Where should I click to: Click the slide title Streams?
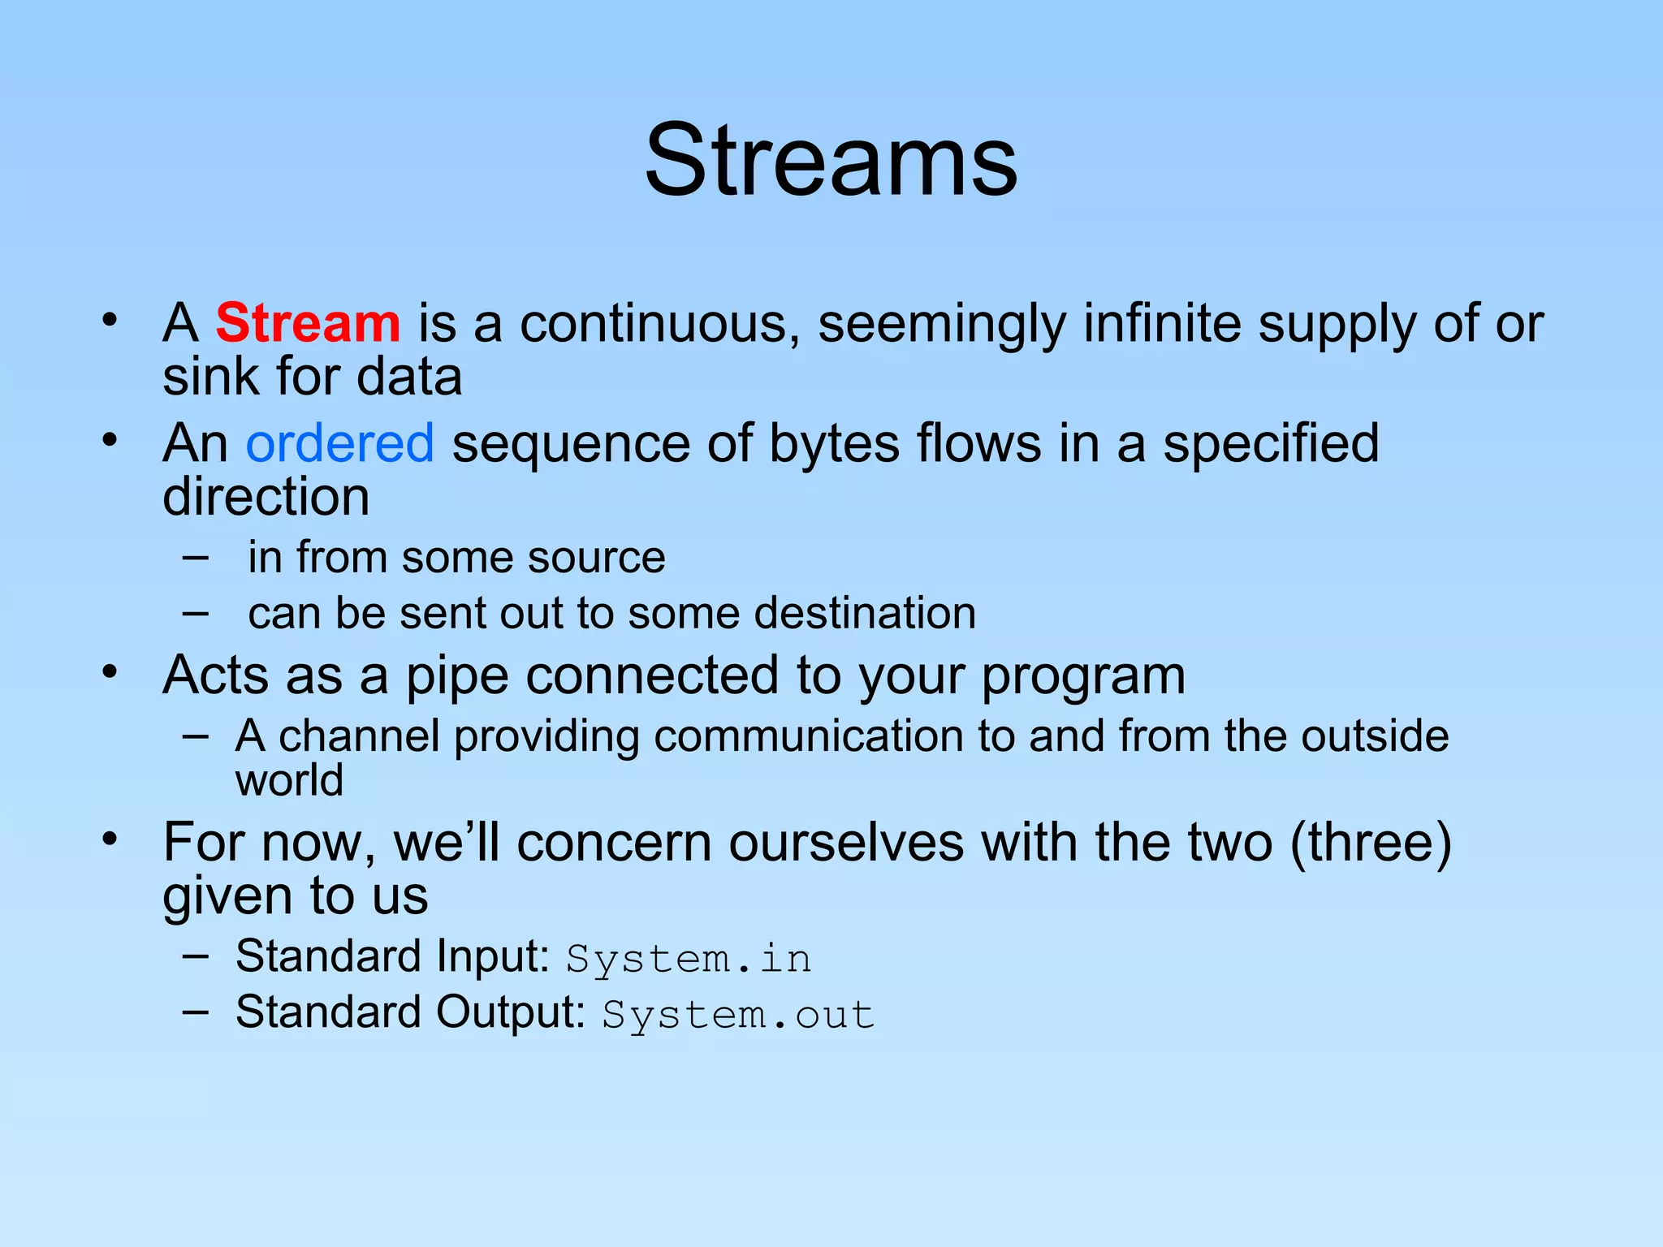point(831,160)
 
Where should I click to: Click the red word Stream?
point(308,323)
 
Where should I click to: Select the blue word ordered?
point(339,443)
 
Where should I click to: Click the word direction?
point(266,497)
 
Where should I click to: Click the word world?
point(289,780)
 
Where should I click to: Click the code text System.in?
point(689,959)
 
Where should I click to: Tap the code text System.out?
point(738,1015)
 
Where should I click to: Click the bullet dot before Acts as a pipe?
point(110,672)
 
